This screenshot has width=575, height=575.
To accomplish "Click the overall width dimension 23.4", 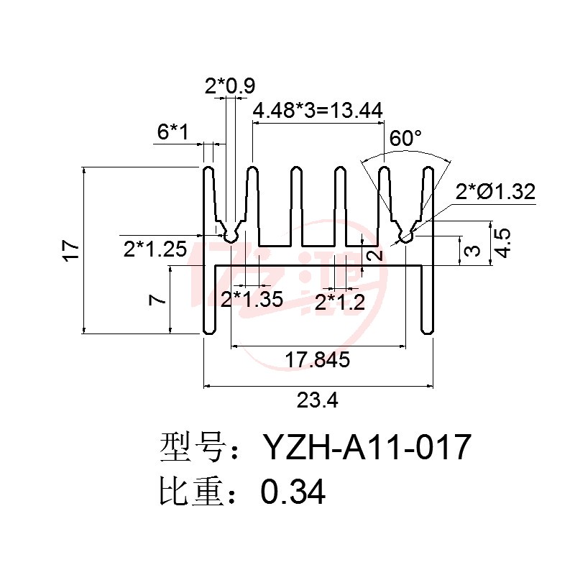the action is (317, 400).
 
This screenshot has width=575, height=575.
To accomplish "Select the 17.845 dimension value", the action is (318, 360).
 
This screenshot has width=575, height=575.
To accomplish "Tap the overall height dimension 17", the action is (70, 250).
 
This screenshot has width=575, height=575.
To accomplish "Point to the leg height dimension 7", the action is (157, 300).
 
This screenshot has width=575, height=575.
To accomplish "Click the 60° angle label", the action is (405, 138).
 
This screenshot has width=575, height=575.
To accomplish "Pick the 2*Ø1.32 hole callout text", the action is (495, 191).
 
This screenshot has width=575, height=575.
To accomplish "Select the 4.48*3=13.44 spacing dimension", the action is (318, 111).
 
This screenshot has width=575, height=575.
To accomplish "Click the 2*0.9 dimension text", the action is (230, 86).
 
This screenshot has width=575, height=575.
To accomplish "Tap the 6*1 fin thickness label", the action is (172, 132).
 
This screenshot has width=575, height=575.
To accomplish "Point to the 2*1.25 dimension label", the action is (155, 249).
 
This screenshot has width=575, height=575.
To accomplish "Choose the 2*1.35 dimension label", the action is (252, 299).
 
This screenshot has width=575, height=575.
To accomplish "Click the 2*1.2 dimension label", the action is (340, 303).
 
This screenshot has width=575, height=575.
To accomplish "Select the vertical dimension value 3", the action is (472, 250).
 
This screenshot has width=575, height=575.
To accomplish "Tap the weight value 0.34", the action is (293, 492).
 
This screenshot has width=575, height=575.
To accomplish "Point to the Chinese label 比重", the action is (192, 492).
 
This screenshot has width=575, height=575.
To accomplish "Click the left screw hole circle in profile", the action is (230, 237).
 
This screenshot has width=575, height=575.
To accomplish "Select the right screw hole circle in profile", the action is (405, 237).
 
